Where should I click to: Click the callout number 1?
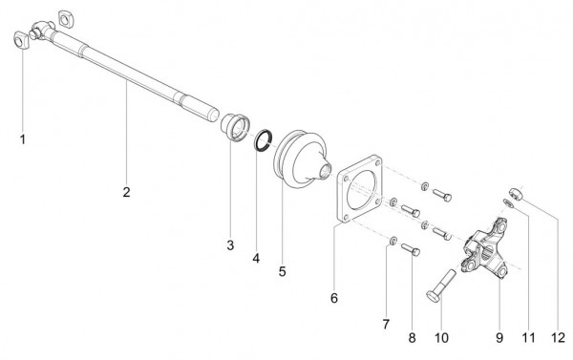pos(23,139)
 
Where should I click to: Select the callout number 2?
pos(126,192)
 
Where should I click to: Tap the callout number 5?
pos(282,271)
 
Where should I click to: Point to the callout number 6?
pos(334,298)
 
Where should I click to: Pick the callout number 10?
pos(441,338)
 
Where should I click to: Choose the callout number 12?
pos(559,338)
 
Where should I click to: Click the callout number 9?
pos(499,338)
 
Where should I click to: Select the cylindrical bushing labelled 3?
pos(235,126)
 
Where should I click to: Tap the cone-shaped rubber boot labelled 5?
pos(302,159)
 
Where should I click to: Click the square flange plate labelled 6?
pos(360,188)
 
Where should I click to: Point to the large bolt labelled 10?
pos(441,286)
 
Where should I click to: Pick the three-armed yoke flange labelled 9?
pos(485,249)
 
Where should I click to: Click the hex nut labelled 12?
pos(517,193)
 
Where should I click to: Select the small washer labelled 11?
pos(508,202)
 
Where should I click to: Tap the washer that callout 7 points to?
pos(393,241)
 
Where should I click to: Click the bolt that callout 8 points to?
pos(411,249)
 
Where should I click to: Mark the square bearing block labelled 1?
pos(21,40)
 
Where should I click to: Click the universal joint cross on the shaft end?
pos(41,30)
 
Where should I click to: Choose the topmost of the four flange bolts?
pos(442,195)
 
